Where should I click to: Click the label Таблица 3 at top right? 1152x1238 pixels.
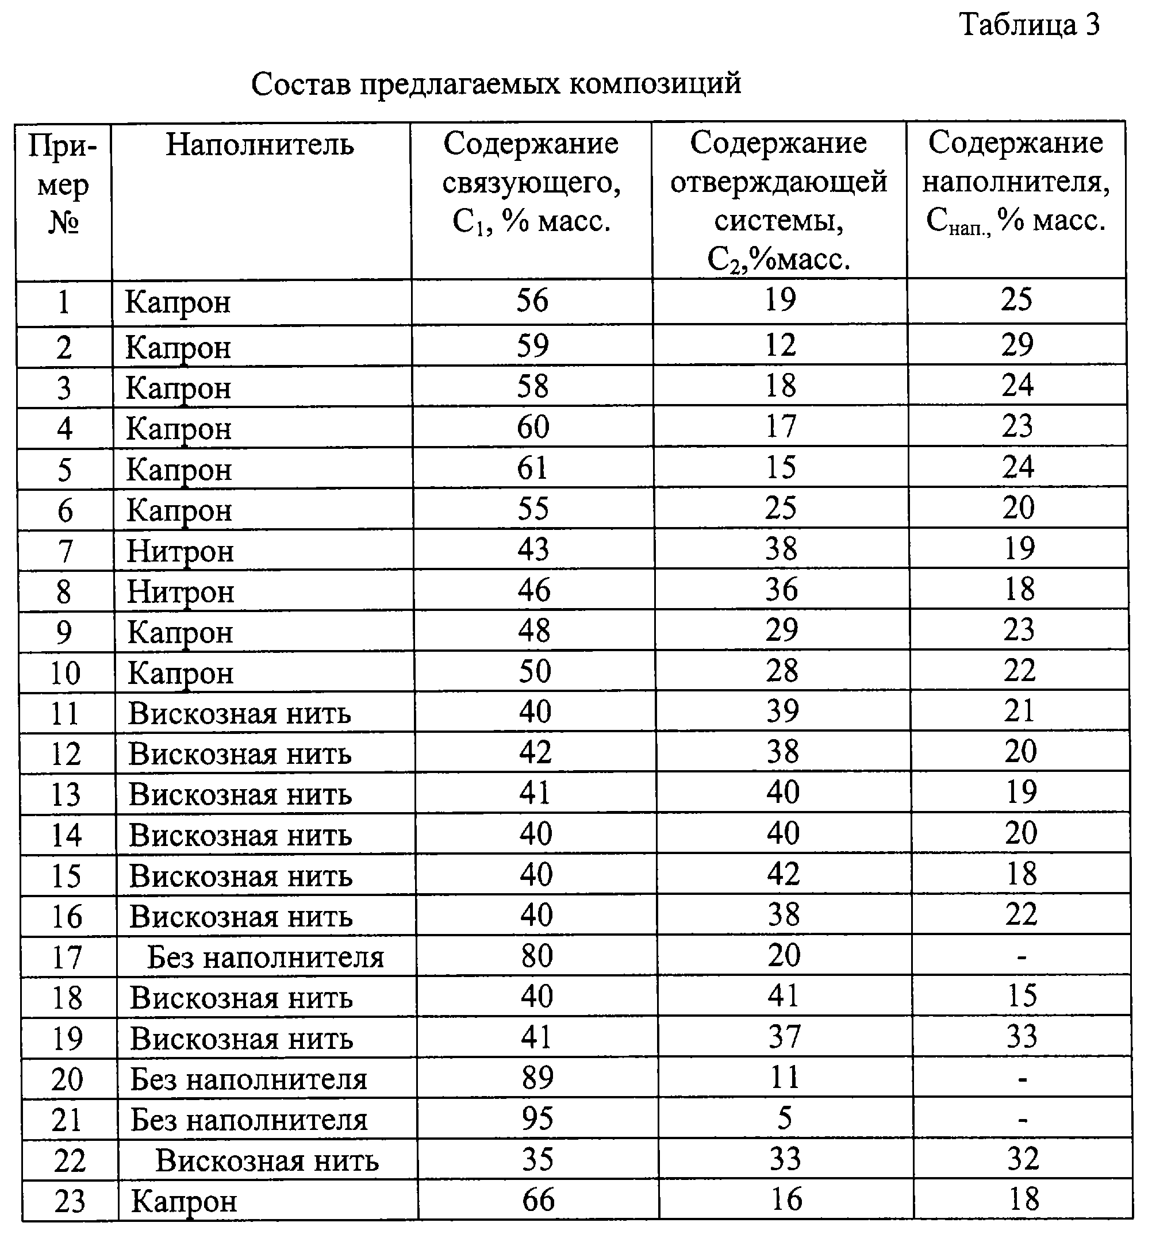(1030, 25)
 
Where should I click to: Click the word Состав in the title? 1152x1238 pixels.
(299, 83)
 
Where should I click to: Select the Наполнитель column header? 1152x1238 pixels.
(260, 145)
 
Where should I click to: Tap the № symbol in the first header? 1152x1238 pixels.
(63, 222)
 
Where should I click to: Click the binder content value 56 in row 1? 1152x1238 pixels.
(532, 301)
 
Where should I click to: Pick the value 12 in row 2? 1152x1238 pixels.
(780, 344)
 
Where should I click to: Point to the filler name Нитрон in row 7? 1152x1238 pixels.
(180, 551)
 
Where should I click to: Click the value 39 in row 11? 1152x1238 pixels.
(782, 710)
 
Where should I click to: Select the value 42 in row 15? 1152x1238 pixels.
(784, 874)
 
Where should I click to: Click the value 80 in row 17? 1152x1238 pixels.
(537, 955)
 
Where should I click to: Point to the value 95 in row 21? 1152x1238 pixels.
(537, 1118)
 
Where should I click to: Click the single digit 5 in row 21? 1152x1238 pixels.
(785, 1118)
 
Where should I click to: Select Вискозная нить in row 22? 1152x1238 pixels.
(267, 1161)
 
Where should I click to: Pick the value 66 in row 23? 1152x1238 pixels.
(538, 1199)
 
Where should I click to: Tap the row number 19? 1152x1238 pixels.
(67, 1039)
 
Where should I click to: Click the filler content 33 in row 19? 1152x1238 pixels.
(1022, 1036)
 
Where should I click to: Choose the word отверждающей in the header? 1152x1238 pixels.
(778, 182)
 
